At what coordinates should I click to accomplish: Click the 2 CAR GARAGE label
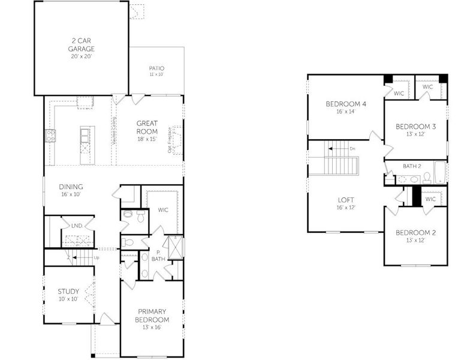tap(80, 45)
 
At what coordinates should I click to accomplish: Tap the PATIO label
tap(156, 68)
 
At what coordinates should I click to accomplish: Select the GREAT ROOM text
tap(147, 127)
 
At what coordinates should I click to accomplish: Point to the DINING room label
tap(71, 187)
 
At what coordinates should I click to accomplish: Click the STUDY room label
tap(68, 292)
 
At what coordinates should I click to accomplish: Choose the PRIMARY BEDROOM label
tap(153, 316)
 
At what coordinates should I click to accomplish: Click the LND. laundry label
tap(77, 226)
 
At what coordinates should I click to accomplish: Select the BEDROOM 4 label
tap(346, 104)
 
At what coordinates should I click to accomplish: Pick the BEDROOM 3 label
tap(415, 127)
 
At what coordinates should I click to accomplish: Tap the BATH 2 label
tap(411, 166)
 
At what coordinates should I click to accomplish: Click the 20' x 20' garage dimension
tap(80, 56)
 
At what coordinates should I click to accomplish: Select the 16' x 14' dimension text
tap(346, 112)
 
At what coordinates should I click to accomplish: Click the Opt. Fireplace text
tap(170, 140)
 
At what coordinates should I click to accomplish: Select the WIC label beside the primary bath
tap(162, 210)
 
